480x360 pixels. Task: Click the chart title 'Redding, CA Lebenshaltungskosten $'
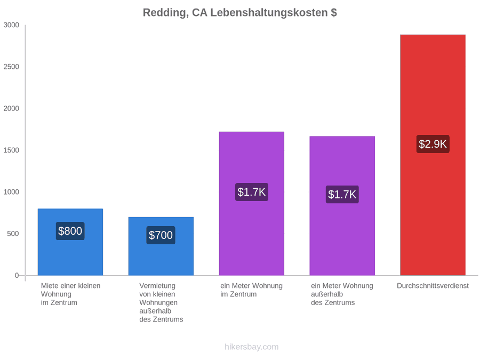point(239,13)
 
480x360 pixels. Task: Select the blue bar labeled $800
point(70,242)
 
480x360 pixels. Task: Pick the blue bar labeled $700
point(161,246)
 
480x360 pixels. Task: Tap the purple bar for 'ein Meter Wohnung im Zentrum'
point(252,204)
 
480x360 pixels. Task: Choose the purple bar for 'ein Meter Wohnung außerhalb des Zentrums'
point(342,206)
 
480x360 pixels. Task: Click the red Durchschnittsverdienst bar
point(433,155)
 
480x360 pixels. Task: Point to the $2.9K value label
point(433,144)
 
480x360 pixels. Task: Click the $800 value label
point(70,231)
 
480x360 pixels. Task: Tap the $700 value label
point(161,235)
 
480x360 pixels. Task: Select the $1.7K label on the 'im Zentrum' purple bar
point(252,192)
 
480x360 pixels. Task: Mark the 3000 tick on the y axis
point(11,25)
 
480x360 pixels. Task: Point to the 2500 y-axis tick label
point(11,67)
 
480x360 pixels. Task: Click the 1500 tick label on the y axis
point(11,150)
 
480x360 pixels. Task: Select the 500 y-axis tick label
point(13,234)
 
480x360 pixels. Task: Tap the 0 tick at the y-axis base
point(17,276)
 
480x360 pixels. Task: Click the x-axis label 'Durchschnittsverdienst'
point(433,286)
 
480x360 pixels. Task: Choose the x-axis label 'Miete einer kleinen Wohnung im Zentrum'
point(71,294)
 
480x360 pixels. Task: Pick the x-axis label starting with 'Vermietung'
point(161,302)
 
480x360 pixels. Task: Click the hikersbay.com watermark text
point(252,347)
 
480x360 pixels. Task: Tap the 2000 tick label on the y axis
point(11,108)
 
